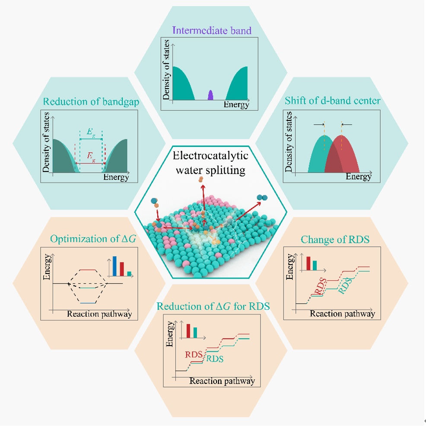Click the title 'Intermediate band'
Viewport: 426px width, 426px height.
212,30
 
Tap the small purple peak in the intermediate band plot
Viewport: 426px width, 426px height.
210,95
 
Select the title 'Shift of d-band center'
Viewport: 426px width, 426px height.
333,101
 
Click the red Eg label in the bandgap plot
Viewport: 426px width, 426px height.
90,156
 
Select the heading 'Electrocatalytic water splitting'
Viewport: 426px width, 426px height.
211,163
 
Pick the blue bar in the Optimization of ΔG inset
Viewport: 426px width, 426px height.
114,266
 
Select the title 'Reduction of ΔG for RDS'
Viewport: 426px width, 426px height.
213,306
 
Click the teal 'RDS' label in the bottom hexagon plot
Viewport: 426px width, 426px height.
215,359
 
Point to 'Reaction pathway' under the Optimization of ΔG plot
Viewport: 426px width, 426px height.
99,314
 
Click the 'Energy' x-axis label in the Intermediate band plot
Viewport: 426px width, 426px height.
236,105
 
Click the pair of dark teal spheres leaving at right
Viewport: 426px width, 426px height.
261,197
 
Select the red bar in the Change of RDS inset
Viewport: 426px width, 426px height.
308,263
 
